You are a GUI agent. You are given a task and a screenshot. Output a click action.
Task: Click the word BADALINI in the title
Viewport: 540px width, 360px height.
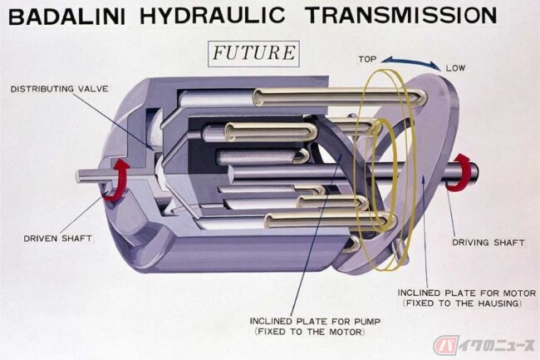tap(66, 17)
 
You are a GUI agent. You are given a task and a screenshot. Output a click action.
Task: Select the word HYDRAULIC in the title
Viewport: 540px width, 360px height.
tap(213, 16)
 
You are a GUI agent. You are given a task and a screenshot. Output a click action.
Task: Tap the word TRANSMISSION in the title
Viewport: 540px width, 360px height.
tap(401, 16)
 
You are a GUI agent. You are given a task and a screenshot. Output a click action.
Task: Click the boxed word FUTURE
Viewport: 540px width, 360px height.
tap(254, 53)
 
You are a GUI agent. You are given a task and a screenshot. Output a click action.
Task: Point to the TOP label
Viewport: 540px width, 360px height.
tap(367, 60)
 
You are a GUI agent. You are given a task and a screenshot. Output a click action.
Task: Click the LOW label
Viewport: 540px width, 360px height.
tap(455, 68)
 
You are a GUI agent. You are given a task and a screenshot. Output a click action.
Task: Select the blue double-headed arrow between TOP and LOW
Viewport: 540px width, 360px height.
tap(411, 62)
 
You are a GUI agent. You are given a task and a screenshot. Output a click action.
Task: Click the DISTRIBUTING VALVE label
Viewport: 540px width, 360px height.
tap(59, 89)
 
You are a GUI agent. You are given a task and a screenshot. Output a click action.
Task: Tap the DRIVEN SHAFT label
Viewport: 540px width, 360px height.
tap(57, 239)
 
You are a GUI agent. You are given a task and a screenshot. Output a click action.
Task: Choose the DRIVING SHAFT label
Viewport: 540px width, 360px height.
tap(488, 243)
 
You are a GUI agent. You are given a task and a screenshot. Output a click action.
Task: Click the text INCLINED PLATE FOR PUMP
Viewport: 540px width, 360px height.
tap(315, 322)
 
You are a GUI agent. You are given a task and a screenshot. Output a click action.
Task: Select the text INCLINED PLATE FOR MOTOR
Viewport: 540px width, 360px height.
tap(467, 293)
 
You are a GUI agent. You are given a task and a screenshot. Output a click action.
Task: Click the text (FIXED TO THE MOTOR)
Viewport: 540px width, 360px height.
tap(310, 332)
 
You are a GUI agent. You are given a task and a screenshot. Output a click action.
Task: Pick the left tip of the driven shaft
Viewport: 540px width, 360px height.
tap(78, 175)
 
